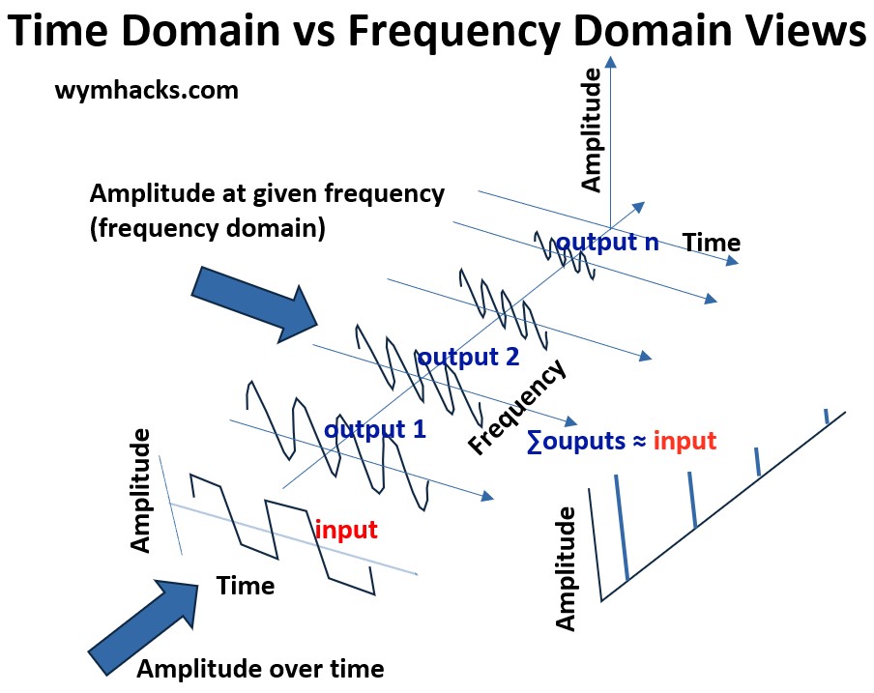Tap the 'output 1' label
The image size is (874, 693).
(x=375, y=429)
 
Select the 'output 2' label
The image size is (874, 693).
(x=468, y=357)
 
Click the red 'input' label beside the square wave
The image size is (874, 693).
(x=345, y=530)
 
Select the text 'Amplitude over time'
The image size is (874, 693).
(x=260, y=669)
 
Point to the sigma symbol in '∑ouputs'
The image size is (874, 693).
(x=534, y=442)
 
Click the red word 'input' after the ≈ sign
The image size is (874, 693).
(x=685, y=442)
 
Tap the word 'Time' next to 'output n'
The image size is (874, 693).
(x=712, y=243)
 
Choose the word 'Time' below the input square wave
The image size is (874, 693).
(x=245, y=586)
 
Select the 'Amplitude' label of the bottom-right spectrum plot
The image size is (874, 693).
(x=566, y=571)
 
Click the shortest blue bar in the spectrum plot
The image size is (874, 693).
(x=826, y=416)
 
